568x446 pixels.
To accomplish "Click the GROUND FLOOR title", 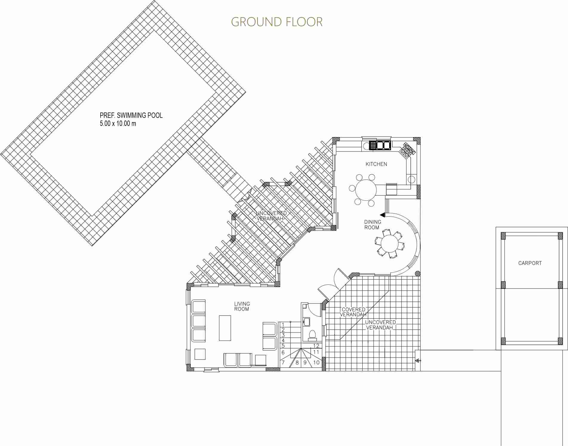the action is [277, 22].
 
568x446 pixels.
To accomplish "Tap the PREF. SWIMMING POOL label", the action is [131, 115].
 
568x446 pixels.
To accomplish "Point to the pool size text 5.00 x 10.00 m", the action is [118, 123].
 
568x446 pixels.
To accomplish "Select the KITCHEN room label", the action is [376, 164].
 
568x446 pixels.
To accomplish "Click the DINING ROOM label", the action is [372, 225].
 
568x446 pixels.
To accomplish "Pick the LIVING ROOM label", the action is [242, 306].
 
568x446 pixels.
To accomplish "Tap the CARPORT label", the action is [530, 263].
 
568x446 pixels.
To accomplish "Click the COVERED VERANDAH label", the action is [353, 312].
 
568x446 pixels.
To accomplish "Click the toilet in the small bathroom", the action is [312, 335].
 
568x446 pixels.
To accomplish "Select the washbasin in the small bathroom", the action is [307, 322].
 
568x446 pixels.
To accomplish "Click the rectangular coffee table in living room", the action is [225, 328].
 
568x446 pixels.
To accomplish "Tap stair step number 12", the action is [316, 346].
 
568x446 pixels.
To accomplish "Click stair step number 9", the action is [305, 363].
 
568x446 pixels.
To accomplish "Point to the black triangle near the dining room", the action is [382, 214].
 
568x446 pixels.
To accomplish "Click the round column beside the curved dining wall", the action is [418, 273].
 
